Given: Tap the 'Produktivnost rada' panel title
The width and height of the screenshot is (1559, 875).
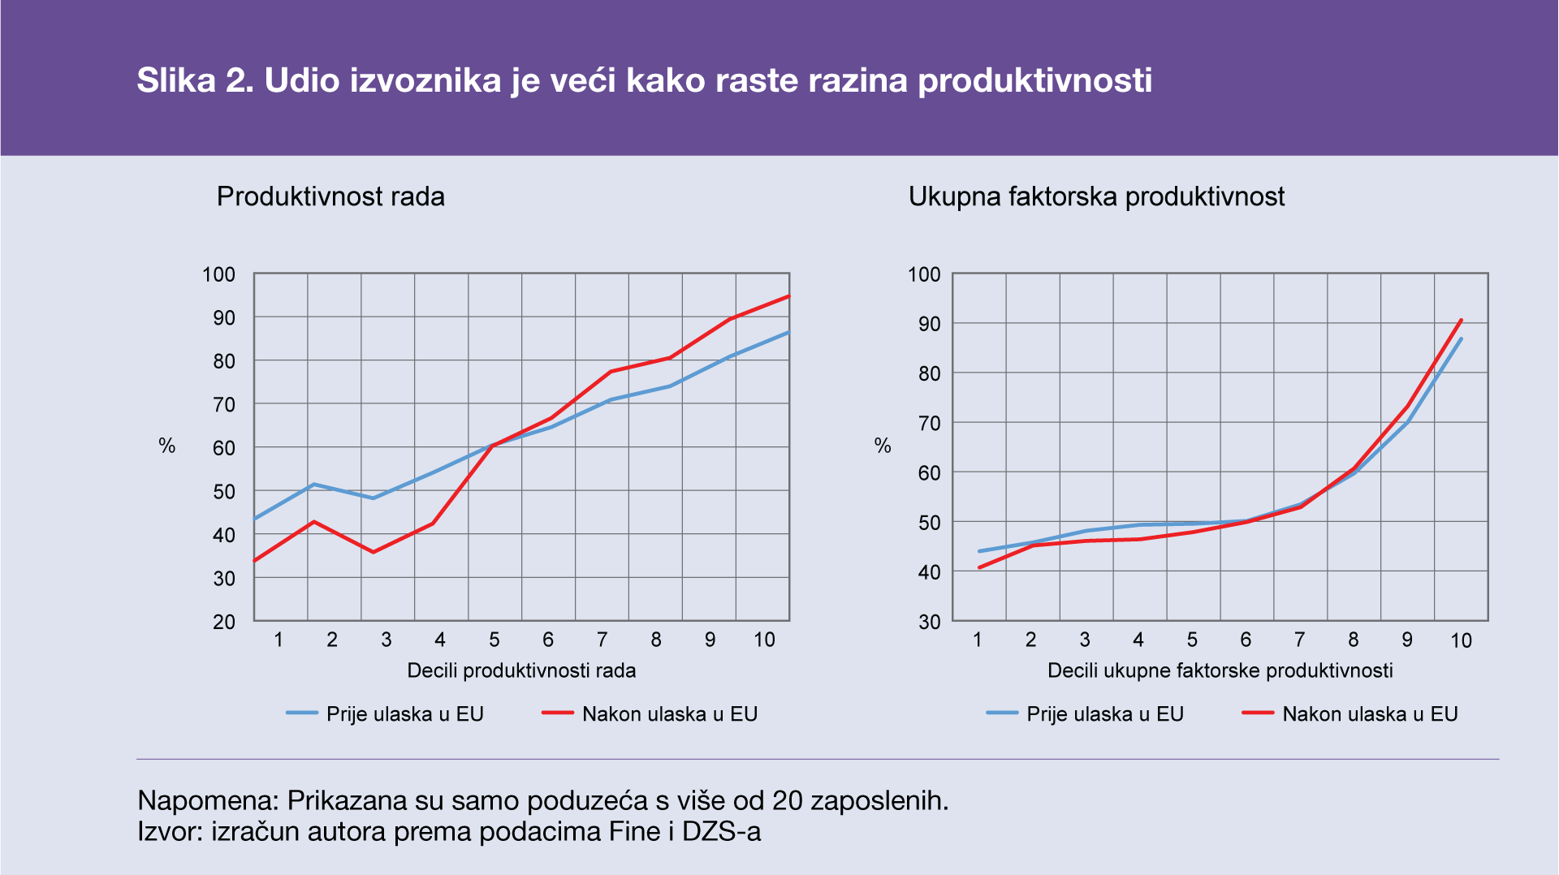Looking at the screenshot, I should [x=330, y=196].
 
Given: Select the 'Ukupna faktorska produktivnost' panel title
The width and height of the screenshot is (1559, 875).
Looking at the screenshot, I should [x=1096, y=196].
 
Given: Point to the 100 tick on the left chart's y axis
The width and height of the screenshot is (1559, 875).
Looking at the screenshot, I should [x=218, y=274].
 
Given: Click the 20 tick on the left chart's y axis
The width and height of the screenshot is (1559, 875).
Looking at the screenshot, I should [x=224, y=622].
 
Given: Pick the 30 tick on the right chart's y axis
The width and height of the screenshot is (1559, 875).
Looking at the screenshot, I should [x=930, y=622].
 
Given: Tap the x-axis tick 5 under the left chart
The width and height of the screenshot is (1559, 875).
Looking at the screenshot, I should [x=494, y=640].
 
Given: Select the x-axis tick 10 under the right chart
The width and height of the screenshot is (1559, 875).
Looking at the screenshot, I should [x=1461, y=640].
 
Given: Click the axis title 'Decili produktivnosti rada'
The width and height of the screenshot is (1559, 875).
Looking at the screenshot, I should [x=521, y=670].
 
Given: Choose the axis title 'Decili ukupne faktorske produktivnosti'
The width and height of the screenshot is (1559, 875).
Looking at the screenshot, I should [x=1220, y=670].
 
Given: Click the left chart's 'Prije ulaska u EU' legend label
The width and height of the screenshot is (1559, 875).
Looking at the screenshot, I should [x=404, y=714].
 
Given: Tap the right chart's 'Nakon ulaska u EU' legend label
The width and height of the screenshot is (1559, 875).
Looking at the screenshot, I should [x=1370, y=714].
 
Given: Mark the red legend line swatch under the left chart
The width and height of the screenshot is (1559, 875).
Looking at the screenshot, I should [x=558, y=713].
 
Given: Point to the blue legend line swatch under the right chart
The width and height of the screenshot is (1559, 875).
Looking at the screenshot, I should [x=1002, y=713].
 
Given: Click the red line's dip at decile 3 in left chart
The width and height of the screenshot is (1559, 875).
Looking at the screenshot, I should [x=373, y=552].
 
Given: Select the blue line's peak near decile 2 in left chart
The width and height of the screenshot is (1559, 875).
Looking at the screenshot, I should [x=313, y=485].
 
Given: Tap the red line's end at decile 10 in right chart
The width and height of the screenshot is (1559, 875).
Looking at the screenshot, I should [x=1462, y=320].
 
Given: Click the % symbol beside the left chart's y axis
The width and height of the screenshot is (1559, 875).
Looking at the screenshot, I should [x=166, y=446].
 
